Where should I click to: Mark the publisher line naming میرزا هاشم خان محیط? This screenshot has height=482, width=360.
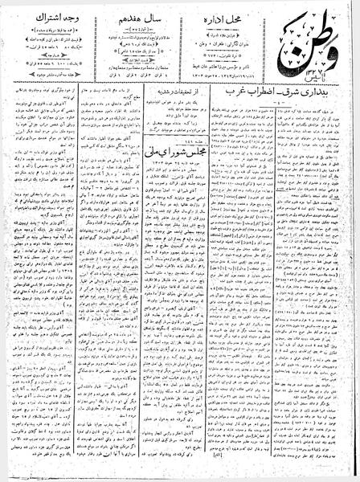[230, 58]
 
